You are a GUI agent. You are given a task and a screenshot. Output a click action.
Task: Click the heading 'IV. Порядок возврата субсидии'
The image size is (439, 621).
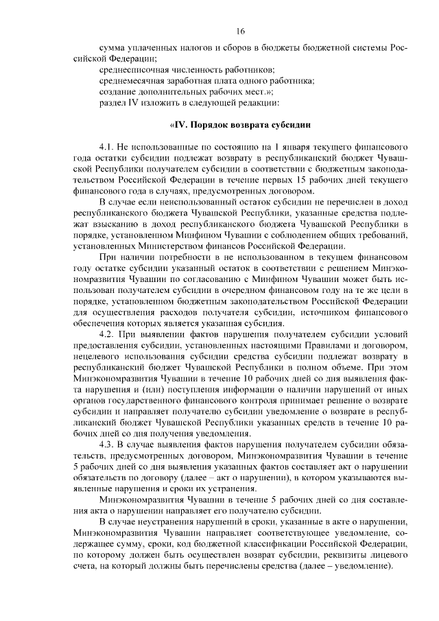241,126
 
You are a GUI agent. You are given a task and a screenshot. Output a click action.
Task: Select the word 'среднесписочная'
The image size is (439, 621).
132,70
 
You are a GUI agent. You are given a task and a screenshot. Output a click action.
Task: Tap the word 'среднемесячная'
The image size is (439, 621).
132,81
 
